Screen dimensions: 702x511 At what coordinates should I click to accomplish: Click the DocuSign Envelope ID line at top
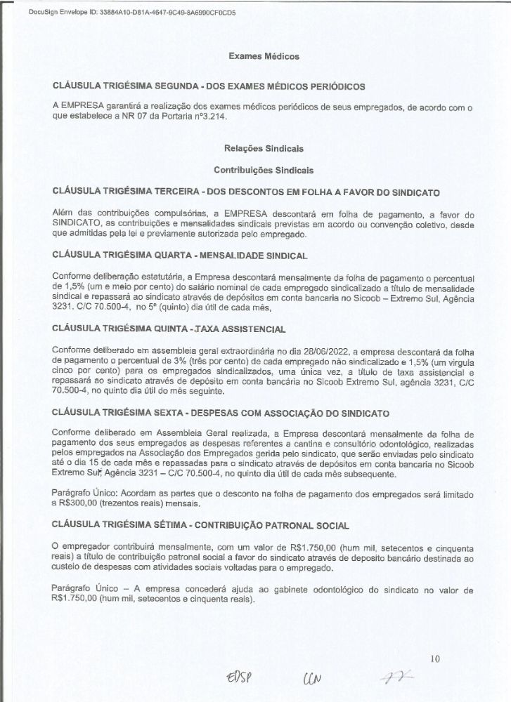123,13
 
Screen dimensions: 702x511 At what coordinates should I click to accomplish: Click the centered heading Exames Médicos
264,56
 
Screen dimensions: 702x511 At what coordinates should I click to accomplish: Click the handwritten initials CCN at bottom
311,680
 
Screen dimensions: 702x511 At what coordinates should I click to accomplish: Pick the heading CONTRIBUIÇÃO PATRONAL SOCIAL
278,525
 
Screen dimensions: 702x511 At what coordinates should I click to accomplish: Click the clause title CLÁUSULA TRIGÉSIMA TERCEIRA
125,191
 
